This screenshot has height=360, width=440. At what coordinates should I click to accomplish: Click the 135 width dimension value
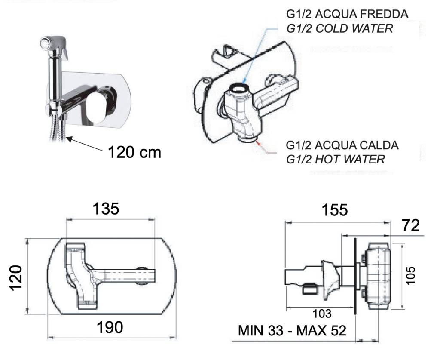pos(106,209)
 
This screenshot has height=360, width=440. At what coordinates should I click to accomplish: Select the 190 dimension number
pos(110,327)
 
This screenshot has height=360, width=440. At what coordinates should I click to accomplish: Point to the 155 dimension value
pos(335,210)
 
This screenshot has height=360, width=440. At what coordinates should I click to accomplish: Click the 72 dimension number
pos(411,225)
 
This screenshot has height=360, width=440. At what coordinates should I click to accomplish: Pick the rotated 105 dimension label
pos(410,275)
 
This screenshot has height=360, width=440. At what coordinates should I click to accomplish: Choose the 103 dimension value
pos(322,314)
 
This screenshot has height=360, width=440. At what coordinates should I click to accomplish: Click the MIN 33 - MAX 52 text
pos(292,330)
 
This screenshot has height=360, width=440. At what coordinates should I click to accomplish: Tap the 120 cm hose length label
pos(134,152)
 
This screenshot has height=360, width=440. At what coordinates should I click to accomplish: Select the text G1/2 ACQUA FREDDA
pos(347,14)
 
